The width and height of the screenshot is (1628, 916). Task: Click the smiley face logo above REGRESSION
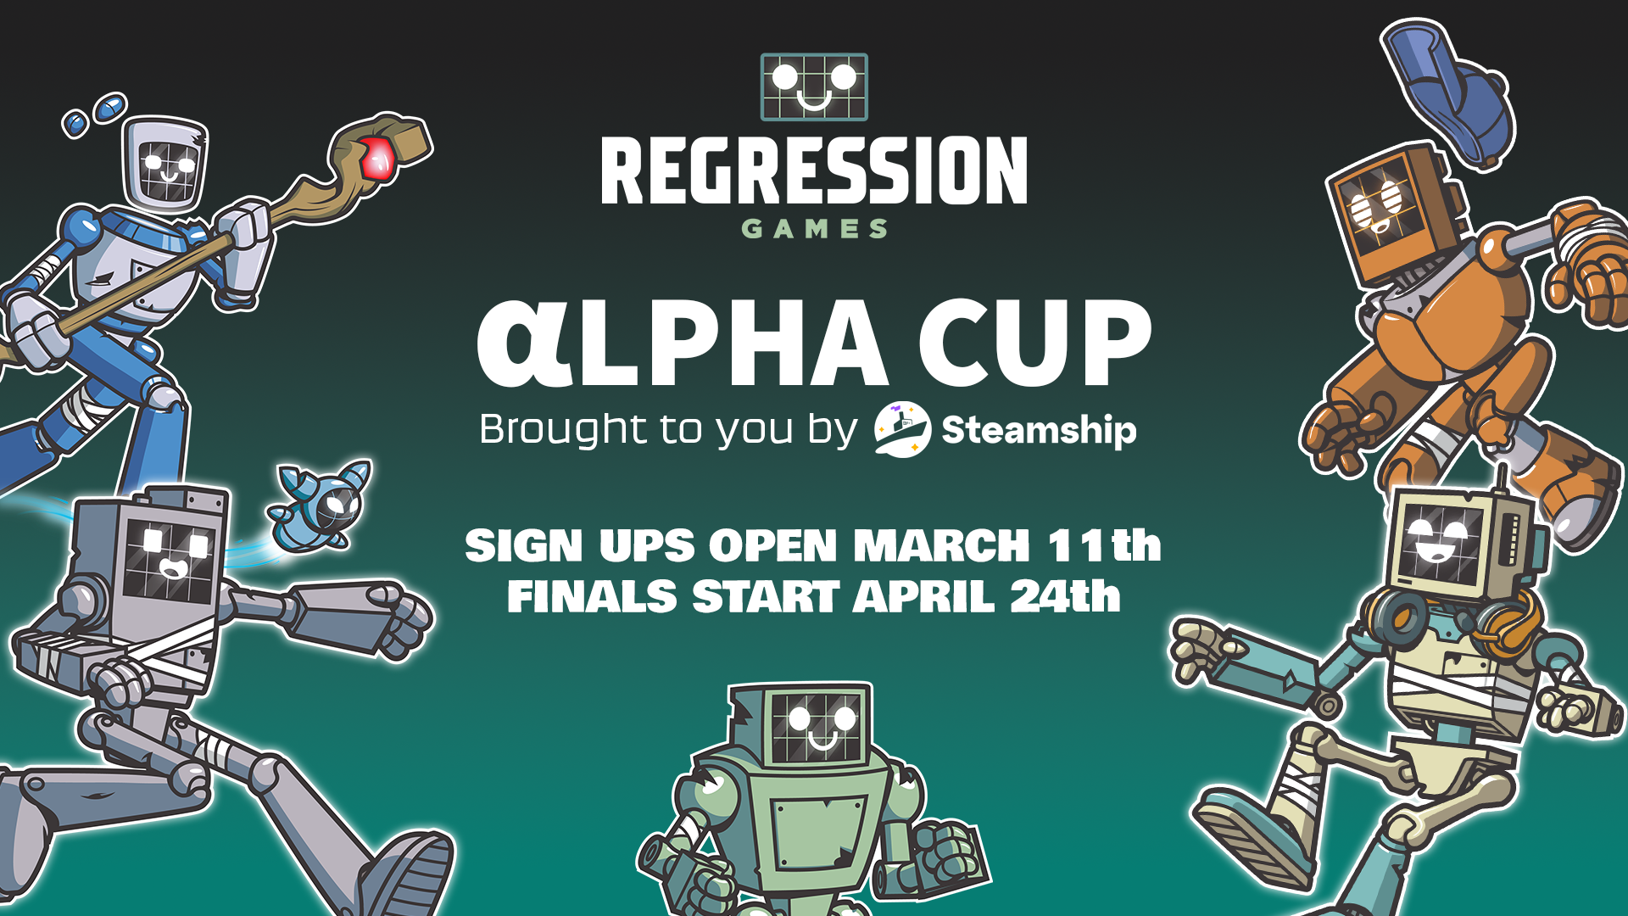(x=814, y=87)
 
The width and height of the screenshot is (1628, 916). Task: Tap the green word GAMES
(x=814, y=229)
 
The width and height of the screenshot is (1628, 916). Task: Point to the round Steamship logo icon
(x=902, y=429)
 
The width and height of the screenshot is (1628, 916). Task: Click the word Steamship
(x=1039, y=430)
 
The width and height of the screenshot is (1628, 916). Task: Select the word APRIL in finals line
(x=923, y=596)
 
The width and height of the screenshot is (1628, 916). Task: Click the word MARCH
(x=941, y=545)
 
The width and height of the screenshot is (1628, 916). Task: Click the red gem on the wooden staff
(x=377, y=158)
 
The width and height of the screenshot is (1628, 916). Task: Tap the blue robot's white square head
(x=166, y=164)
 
